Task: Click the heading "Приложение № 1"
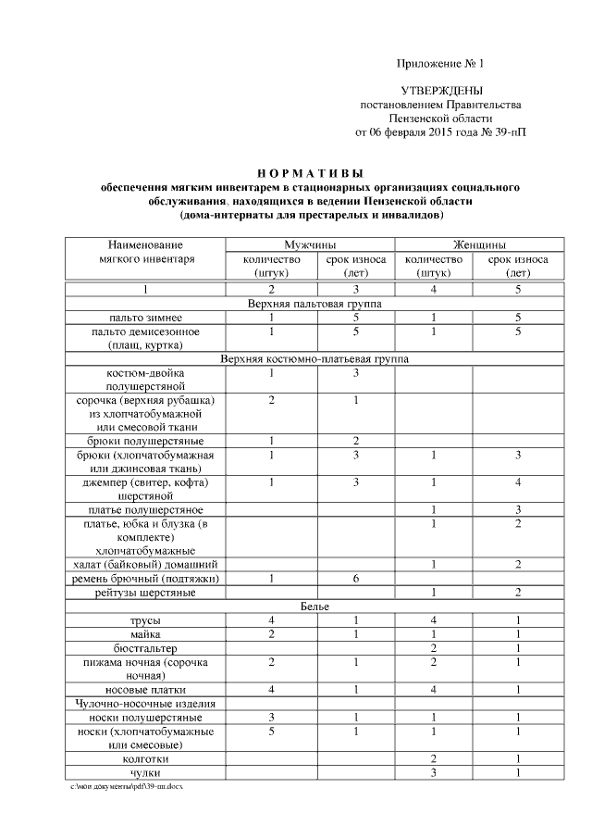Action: [440, 64]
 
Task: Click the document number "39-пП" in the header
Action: [509, 132]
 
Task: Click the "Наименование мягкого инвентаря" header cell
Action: [147, 252]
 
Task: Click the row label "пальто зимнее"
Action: [147, 317]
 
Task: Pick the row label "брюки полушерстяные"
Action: [147, 441]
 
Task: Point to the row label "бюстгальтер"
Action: [147, 647]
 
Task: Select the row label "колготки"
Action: [147, 758]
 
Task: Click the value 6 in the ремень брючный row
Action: [355, 579]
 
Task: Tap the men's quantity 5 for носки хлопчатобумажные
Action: [271, 731]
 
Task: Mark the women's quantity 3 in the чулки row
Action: [433, 772]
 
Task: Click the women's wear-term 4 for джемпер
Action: [519, 482]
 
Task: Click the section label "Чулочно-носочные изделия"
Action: [147, 703]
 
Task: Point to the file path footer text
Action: [129, 785]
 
